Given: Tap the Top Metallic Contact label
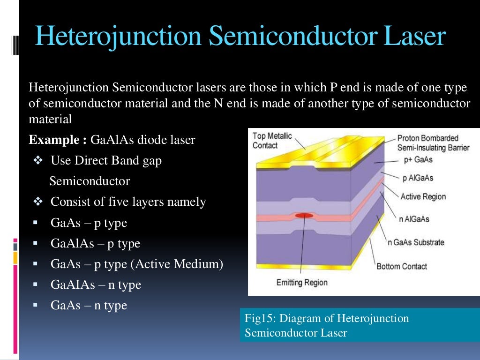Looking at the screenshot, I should pyautogui.click(x=272, y=141).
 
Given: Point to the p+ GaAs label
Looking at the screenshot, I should pyautogui.click(x=418, y=160).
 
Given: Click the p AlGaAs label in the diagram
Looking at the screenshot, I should pyautogui.click(x=418, y=178).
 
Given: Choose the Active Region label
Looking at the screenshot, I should pyautogui.click(x=423, y=196).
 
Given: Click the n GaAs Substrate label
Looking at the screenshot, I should pyautogui.click(x=415, y=242).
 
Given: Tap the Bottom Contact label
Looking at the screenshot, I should pyautogui.click(x=402, y=266).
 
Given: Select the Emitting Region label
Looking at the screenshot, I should pyautogui.click(x=302, y=282).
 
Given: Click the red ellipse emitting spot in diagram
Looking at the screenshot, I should pyautogui.click(x=304, y=215).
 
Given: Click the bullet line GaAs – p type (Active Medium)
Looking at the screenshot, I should pyautogui.click(x=136, y=264).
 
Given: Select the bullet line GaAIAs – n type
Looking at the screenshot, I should pyautogui.click(x=96, y=285).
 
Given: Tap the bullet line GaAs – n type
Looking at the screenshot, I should pyautogui.click(x=89, y=305).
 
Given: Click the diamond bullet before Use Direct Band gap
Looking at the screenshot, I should pyautogui.click(x=39, y=161).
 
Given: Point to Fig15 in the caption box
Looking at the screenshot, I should pyautogui.click(x=257, y=319).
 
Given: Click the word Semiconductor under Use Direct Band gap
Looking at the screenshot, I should pyautogui.click(x=90, y=181).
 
